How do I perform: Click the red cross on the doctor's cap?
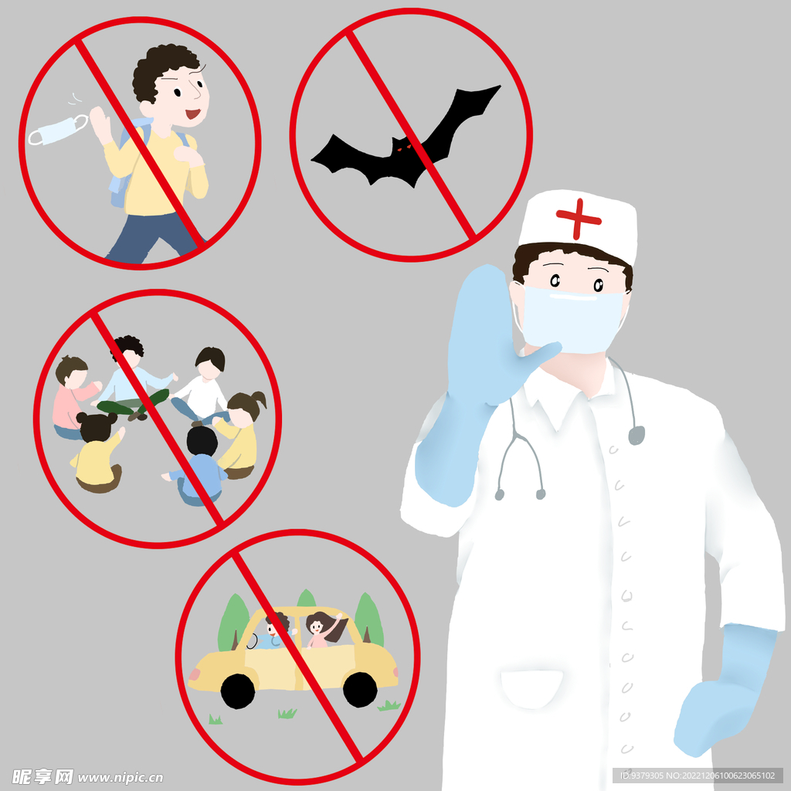click(578, 219)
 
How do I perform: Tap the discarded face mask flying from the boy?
click(57, 130)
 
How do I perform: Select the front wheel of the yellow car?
click(238, 691)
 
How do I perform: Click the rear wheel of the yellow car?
click(360, 689)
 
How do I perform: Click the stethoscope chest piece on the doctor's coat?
click(637, 436)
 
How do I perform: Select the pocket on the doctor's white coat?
click(531, 688)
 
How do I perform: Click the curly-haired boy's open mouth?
click(192, 114)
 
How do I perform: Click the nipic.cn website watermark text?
click(121, 777)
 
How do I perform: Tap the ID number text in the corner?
click(698, 776)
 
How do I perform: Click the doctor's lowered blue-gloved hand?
click(722, 691)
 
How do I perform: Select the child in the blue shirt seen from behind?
click(199, 467)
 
